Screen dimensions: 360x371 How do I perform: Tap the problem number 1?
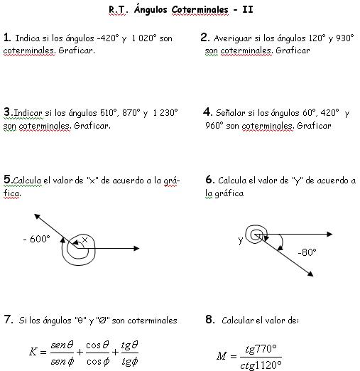6,38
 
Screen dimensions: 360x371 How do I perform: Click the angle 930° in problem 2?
340,38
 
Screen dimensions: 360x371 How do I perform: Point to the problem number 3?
6,112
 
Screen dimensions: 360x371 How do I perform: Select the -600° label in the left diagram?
36,240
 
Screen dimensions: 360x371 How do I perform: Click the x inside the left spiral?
84,241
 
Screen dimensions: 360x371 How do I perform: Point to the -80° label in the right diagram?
306,252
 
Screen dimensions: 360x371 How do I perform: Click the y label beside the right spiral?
240,241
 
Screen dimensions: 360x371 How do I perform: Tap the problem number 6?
209,180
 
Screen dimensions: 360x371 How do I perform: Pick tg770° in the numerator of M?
261,348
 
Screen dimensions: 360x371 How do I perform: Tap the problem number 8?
209,320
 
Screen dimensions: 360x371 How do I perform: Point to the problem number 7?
8,320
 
